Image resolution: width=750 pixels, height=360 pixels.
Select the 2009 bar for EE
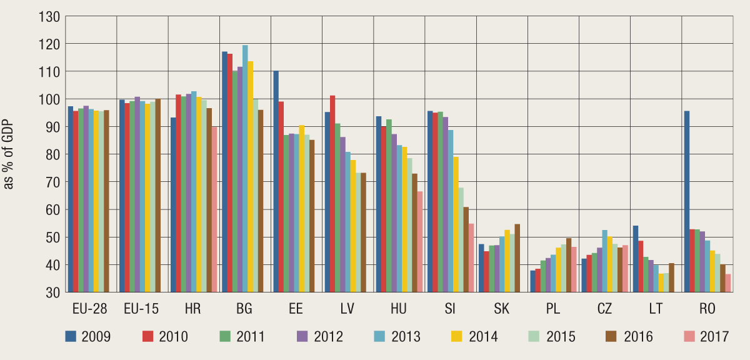pyautogui.click(x=276, y=181)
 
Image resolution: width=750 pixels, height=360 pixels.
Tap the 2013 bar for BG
pyautogui.click(x=245, y=168)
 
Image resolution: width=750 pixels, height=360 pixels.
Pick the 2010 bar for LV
pyautogui.click(x=332, y=194)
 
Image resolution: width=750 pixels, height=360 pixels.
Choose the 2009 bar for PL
pyautogui.click(x=532, y=281)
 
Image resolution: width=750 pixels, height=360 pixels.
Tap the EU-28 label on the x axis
pyautogui.click(x=88, y=309)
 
